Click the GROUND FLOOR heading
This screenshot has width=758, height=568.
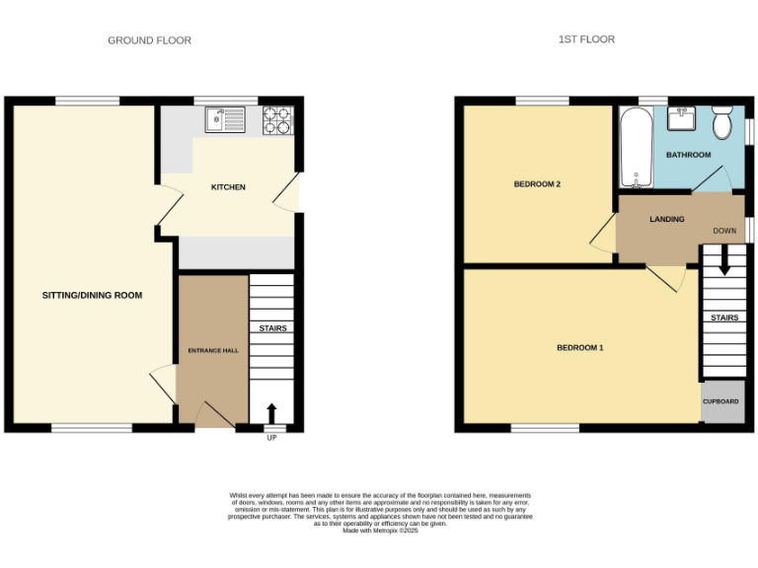(x=149, y=40)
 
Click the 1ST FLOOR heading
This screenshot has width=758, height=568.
(x=586, y=39)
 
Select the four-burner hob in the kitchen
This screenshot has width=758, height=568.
(x=277, y=120)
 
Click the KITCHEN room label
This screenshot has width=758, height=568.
(x=228, y=187)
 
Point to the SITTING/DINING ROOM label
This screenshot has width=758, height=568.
(x=92, y=295)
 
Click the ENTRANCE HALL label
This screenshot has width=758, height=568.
(x=213, y=350)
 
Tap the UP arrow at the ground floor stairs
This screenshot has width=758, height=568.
(x=271, y=411)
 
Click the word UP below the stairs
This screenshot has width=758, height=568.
(x=271, y=437)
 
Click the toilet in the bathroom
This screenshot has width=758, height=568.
(x=721, y=122)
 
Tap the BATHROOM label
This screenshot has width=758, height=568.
(x=688, y=155)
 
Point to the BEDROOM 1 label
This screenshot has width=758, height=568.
(x=579, y=347)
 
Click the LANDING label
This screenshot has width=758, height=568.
(x=667, y=219)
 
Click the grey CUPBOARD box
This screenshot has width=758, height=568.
(x=721, y=402)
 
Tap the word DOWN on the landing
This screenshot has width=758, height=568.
(x=724, y=231)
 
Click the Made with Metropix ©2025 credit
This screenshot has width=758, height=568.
(x=380, y=531)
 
